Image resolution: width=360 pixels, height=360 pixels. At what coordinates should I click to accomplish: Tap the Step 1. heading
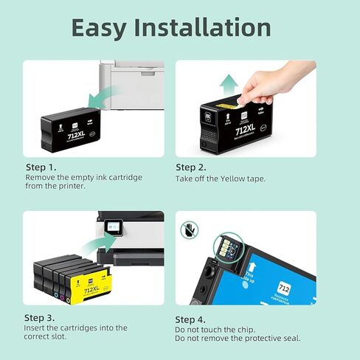pos(41,167)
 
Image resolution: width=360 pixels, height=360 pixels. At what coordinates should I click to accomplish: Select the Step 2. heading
pos(191,167)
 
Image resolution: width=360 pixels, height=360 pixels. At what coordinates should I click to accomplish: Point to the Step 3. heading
pos(41,316)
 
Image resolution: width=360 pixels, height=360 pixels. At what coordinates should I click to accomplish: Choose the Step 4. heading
pos(191,316)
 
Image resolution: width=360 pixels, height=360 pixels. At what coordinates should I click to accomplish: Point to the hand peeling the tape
pos(273,80)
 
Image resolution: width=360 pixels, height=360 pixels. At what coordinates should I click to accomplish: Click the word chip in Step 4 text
pos(245,328)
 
